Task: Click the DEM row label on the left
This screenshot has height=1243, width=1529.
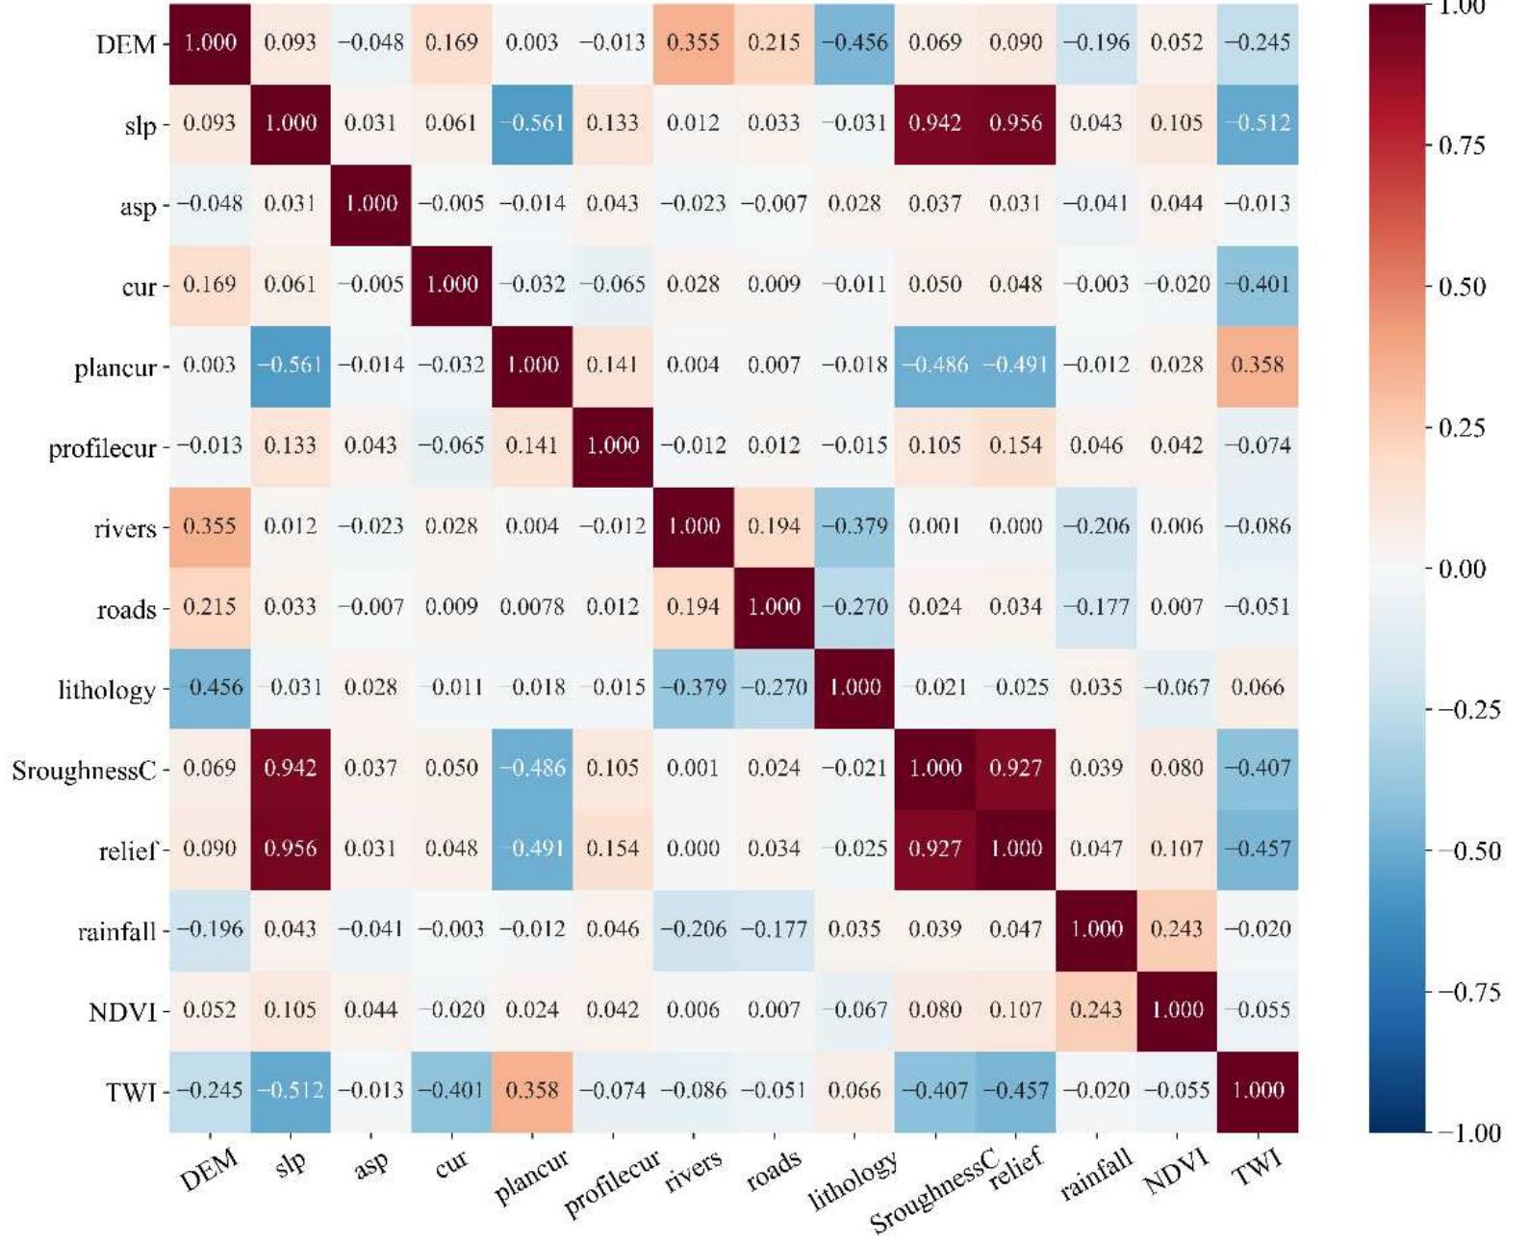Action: pos(125,44)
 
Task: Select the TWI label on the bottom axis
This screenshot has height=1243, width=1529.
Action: pos(1258,1168)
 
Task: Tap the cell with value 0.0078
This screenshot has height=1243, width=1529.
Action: pos(532,607)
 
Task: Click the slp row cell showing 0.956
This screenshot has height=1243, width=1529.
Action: pos(1015,123)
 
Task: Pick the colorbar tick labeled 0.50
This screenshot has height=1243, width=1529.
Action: pos(1461,287)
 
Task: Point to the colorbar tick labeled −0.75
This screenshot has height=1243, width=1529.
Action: pos(1467,992)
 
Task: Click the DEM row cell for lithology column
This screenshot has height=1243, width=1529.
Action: pos(854,43)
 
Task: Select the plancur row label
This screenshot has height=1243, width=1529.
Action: pos(115,368)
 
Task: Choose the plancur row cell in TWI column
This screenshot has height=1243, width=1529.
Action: pos(1258,366)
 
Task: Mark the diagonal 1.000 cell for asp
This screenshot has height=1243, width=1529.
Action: pos(370,204)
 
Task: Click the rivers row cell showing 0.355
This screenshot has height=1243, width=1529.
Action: pos(210,526)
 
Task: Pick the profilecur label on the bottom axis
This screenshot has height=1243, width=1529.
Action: pos(612,1183)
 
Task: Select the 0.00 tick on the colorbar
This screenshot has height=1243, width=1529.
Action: pos(1461,569)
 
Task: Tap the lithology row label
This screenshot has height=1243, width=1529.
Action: pos(106,690)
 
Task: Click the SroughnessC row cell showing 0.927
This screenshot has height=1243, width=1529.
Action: pos(1015,768)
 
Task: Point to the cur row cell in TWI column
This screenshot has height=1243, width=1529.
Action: pos(1258,285)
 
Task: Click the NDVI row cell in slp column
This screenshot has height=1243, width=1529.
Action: pos(290,1010)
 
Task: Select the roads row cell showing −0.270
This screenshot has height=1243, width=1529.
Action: pos(854,607)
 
